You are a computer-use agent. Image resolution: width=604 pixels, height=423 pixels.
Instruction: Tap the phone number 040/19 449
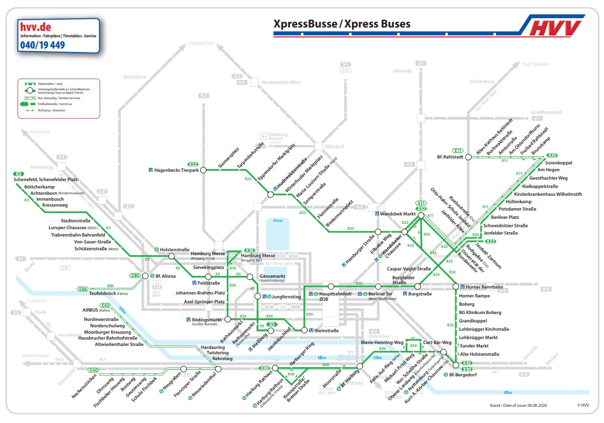click(42, 45)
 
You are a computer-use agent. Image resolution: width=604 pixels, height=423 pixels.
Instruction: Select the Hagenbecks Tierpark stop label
click(176, 170)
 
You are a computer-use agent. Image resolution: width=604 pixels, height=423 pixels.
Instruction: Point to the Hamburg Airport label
click(277, 137)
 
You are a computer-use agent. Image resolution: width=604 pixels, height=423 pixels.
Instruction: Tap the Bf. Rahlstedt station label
click(450, 157)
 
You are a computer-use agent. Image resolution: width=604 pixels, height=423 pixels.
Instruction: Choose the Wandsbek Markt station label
click(398, 214)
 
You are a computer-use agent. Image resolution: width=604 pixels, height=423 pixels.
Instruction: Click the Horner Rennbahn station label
click(481, 287)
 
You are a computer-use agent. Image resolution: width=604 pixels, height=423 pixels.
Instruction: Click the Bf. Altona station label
click(165, 276)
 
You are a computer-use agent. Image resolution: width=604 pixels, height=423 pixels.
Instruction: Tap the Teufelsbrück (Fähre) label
click(109, 293)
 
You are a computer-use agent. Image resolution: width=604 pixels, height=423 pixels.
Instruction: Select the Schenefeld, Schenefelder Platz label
click(46, 180)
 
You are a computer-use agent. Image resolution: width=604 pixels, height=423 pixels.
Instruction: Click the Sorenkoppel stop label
click(559, 162)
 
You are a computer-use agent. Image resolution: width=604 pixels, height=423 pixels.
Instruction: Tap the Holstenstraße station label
click(175, 249)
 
